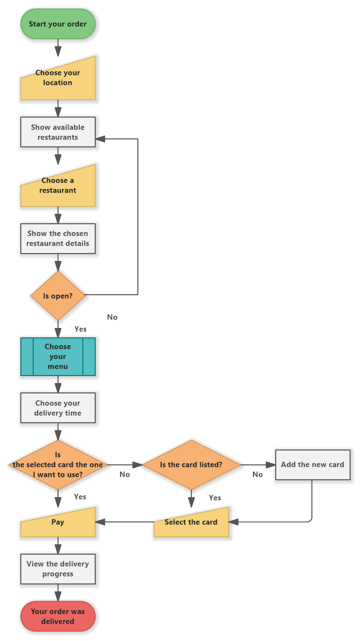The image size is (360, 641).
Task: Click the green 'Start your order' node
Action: [58, 24]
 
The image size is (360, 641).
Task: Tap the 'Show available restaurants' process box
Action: [58, 132]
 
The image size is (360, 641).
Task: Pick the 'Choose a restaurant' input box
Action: [58, 187]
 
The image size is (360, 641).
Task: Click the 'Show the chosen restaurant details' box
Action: [58, 239]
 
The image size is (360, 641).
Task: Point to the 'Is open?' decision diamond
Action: [58, 296]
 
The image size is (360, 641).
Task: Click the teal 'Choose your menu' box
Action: [58, 357]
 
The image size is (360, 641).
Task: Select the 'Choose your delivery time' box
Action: [58, 408]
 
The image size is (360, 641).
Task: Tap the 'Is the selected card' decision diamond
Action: [58, 465]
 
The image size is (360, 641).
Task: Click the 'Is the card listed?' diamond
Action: [191, 465]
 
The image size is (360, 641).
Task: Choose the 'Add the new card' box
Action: [312, 465]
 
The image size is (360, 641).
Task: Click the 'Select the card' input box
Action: [191, 522]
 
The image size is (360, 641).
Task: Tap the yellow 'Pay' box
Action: [58, 522]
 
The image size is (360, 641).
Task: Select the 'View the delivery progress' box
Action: [58, 569]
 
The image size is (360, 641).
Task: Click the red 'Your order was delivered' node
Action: [58, 617]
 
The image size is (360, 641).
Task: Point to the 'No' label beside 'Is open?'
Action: [113, 317]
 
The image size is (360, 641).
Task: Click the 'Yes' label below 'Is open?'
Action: [80, 329]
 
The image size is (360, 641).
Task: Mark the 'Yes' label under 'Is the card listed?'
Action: [215, 498]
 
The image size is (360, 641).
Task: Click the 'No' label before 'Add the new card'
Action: [258, 475]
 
